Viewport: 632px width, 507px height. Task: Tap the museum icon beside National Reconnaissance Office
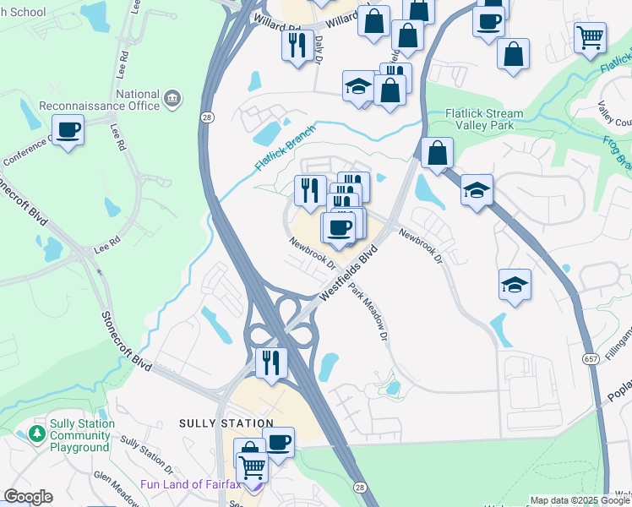click(x=173, y=99)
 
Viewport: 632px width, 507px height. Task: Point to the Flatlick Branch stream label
click(x=286, y=149)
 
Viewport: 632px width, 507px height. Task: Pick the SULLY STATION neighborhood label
click(x=226, y=422)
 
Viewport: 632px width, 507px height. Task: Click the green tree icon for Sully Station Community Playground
click(x=36, y=434)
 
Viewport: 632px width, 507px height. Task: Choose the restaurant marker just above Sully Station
click(x=271, y=363)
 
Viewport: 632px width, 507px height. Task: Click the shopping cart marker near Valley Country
click(x=590, y=36)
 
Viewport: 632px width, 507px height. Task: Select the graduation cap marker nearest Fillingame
click(x=515, y=285)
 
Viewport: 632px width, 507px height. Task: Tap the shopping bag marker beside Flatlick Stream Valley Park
click(x=437, y=153)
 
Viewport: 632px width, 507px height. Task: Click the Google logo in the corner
click(x=28, y=497)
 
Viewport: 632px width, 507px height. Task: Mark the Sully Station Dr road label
click(x=147, y=454)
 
